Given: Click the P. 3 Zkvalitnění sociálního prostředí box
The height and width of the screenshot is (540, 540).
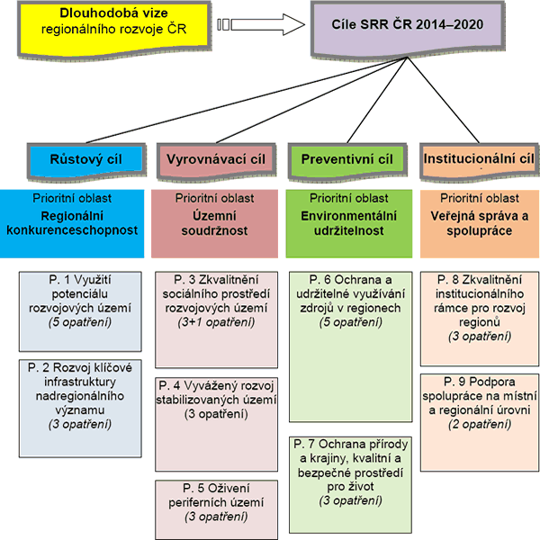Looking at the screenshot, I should (215, 311).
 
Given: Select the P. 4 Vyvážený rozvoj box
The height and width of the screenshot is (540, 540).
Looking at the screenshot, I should (215, 400).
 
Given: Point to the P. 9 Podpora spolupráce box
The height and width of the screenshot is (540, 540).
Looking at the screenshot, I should (476, 400).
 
